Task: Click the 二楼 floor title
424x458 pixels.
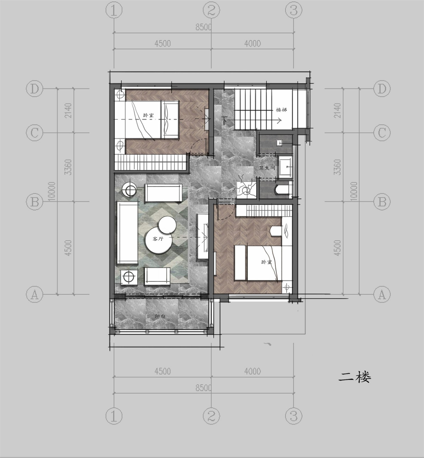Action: (354, 377)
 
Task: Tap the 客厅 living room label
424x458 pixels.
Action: (158, 239)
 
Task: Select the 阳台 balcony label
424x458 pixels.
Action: (159, 316)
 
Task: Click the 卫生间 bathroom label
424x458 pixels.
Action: (267, 167)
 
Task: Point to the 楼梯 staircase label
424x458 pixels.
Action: (281, 110)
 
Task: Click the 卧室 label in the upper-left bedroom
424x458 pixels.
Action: (148, 115)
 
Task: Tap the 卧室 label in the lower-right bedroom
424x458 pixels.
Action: (266, 262)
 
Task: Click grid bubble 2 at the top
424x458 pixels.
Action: (211, 11)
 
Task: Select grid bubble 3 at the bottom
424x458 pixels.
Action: (294, 416)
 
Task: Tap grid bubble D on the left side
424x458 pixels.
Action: (35, 89)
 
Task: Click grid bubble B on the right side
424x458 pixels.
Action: (382, 202)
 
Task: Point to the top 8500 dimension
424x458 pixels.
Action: (204, 27)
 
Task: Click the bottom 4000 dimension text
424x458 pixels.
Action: (253, 371)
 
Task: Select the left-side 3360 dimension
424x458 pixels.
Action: (68, 167)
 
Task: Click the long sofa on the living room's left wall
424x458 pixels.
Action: (127, 232)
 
